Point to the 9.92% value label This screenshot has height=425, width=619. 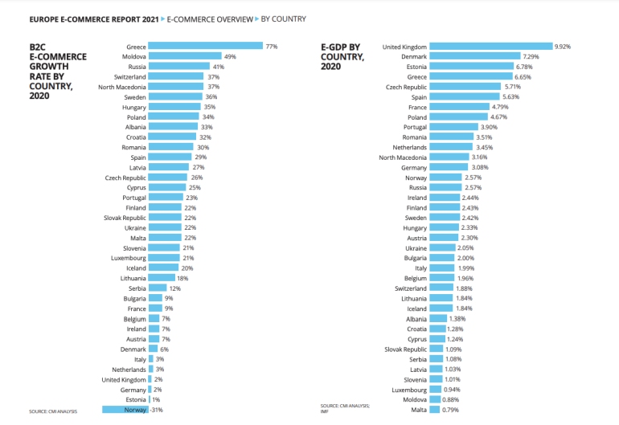click(x=564, y=47)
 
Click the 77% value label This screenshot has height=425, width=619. click(x=272, y=47)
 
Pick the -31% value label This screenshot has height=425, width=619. click(x=158, y=410)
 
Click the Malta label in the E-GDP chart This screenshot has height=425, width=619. click(x=417, y=410)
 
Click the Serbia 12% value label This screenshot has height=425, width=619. click(x=174, y=288)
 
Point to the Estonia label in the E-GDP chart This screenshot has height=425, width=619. click(x=415, y=67)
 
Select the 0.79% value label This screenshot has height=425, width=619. click(x=450, y=410)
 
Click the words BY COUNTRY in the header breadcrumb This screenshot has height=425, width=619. click(x=282, y=18)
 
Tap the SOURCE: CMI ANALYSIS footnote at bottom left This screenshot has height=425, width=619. click(x=53, y=411)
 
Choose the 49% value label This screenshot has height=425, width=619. click(x=230, y=56)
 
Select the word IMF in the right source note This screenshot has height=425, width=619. click(x=326, y=411)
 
